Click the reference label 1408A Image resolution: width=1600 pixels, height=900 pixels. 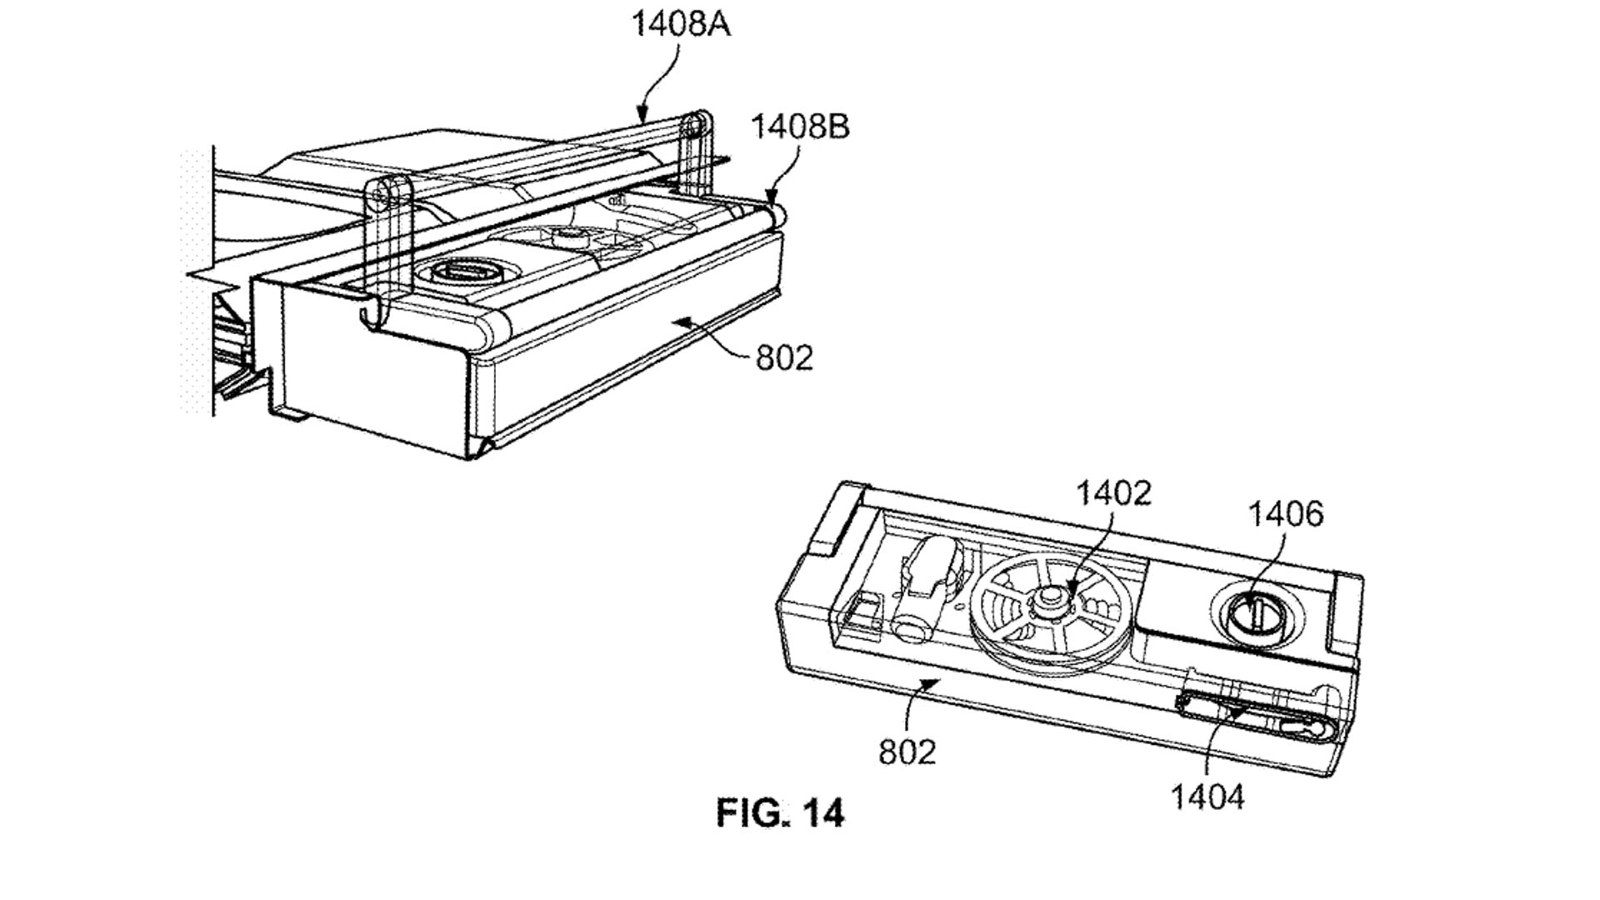(x=681, y=23)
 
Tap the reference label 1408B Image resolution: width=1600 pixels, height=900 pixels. (x=800, y=127)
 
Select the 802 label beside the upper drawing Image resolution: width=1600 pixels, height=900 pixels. (x=783, y=358)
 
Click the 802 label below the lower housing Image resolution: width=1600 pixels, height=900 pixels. (x=907, y=752)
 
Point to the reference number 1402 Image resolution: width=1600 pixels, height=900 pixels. (x=1113, y=493)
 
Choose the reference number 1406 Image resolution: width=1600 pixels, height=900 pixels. (x=1285, y=514)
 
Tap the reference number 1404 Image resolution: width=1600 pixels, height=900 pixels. (x=1207, y=797)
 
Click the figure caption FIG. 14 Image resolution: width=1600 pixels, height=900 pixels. (x=780, y=812)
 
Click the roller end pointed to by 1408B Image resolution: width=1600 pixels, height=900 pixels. (x=777, y=213)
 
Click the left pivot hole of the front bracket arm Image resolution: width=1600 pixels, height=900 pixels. (x=382, y=196)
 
